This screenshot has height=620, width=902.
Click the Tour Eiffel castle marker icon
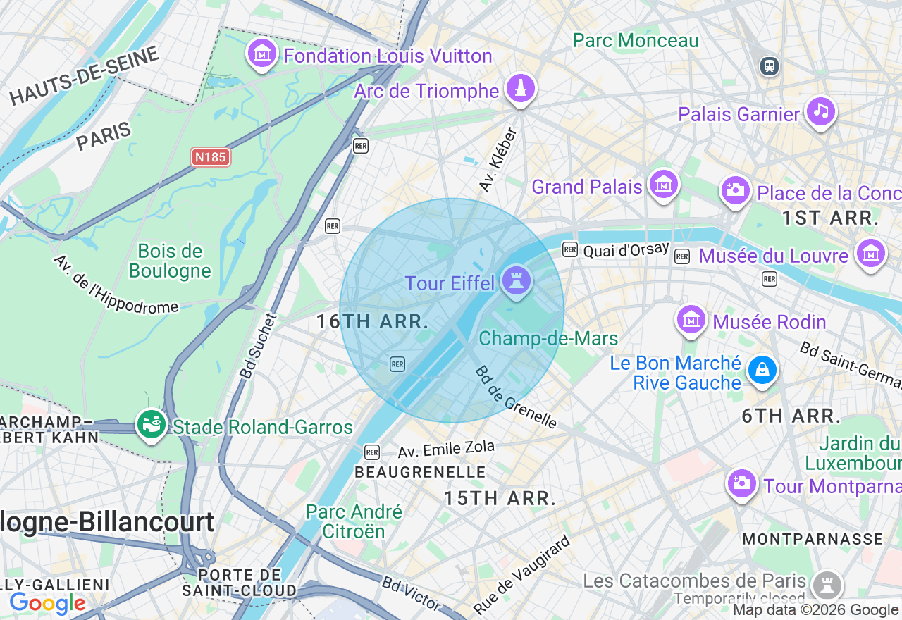(517, 282)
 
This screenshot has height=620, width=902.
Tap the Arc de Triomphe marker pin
(521, 89)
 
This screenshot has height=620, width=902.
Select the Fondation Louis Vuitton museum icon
(262, 54)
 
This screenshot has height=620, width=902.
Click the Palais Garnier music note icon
(820, 111)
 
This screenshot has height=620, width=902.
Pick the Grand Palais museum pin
(664, 185)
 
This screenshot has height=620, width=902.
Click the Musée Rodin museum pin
(691, 320)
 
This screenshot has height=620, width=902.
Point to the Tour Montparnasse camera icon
(742, 483)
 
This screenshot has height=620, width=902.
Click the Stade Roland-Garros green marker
(151, 425)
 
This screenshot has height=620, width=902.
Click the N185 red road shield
(211, 157)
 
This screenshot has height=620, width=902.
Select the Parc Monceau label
(636, 40)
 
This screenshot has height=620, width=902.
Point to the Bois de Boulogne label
(170, 261)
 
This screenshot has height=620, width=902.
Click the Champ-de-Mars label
(548, 339)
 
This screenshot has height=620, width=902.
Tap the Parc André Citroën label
(354, 521)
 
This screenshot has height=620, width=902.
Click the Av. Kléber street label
(498, 160)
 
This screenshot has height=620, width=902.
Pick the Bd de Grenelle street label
(515, 397)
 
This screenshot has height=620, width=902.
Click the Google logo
(47, 604)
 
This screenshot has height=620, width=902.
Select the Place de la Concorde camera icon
(735, 190)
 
